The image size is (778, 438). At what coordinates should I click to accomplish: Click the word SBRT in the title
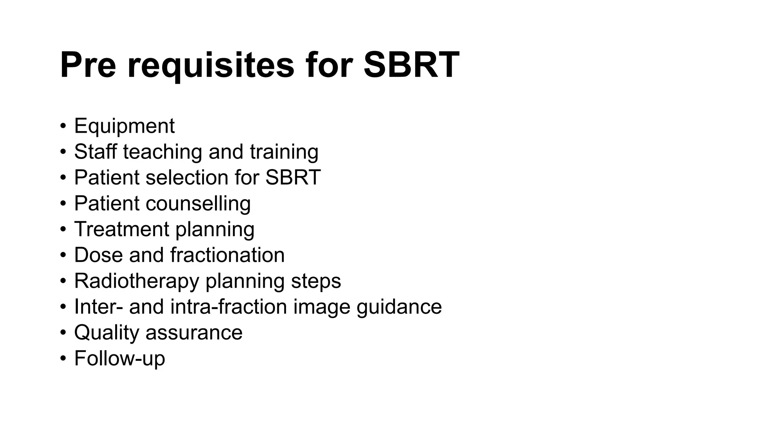(411, 65)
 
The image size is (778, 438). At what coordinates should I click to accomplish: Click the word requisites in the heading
(210, 65)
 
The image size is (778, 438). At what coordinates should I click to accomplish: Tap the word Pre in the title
(88, 65)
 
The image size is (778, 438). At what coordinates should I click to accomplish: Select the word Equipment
(124, 126)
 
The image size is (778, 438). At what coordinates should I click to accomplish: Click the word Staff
(95, 151)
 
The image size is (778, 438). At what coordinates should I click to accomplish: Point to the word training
(284, 152)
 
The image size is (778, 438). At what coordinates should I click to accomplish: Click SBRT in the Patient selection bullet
(293, 177)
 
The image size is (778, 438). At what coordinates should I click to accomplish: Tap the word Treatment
(122, 229)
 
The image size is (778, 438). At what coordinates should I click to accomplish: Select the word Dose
(98, 255)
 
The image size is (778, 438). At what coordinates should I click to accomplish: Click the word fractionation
(227, 255)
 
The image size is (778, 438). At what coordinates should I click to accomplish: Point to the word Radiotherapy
(136, 281)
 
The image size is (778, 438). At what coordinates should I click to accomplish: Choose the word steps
(316, 281)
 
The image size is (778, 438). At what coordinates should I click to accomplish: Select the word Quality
(107, 333)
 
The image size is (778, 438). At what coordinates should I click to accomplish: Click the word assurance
(194, 333)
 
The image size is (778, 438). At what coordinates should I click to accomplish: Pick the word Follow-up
(120, 359)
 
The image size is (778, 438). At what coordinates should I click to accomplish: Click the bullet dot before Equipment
(63, 126)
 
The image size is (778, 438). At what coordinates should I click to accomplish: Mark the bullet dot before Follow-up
(63, 359)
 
